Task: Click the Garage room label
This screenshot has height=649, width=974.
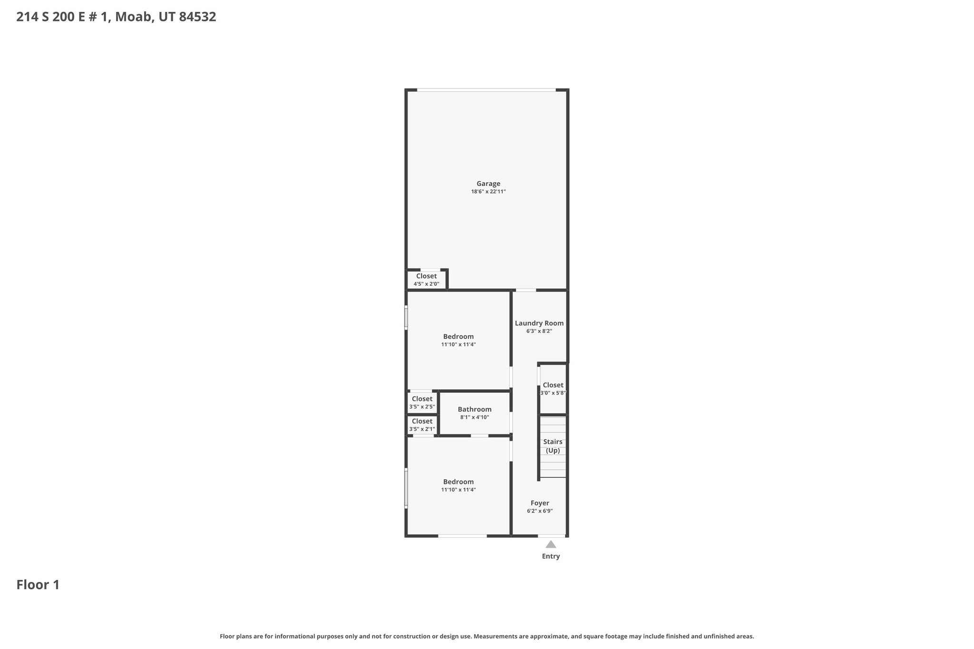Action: (488, 184)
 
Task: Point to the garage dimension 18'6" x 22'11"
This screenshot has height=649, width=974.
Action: (488, 192)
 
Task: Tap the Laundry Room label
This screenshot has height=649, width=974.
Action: (539, 323)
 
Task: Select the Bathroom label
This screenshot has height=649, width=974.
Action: (475, 409)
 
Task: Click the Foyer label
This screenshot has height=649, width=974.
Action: (540, 503)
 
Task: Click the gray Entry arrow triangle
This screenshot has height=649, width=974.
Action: (551, 544)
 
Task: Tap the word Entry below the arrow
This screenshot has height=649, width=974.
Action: (551, 556)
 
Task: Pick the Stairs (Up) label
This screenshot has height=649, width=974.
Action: (553, 446)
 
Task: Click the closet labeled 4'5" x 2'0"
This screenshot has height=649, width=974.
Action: (426, 280)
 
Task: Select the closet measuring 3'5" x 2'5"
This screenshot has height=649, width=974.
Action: (422, 402)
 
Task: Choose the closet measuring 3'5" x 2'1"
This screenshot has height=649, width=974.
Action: (422, 425)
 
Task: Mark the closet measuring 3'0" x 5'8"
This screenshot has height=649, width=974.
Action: (553, 388)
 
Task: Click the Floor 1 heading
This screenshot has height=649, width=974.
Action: (38, 585)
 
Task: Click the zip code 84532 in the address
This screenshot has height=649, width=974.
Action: (197, 17)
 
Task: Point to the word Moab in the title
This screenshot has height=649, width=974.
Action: (131, 17)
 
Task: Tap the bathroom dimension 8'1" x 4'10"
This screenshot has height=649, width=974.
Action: (474, 417)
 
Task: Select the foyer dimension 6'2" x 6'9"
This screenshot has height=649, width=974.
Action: (540, 511)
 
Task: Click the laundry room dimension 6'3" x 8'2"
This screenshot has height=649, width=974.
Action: (539, 331)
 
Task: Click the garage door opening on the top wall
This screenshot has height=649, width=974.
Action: (486, 90)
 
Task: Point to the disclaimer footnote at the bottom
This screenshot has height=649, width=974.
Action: (487, 636)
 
